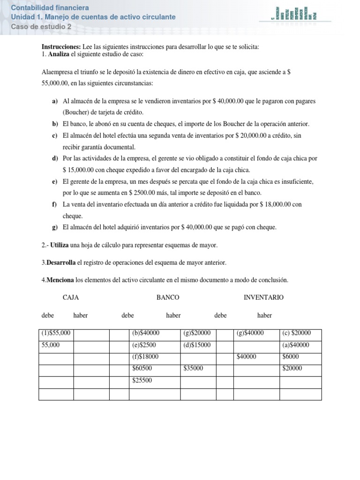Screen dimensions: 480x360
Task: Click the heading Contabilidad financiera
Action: [x=49, y=8]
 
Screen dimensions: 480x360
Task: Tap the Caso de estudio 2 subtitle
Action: [x=41, y=27]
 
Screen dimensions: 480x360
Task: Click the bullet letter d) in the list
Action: [x=55, y=159]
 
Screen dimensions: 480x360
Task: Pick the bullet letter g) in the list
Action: [x=55, y=227]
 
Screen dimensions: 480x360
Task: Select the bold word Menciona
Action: [x=60, y=280]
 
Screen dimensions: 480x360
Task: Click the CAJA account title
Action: [x=71, y=297]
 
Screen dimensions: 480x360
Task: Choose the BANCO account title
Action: [x=168, y=297]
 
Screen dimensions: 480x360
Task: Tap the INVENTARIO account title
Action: [x=263, y=297]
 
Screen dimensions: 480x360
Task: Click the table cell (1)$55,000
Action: [x=56, y=333]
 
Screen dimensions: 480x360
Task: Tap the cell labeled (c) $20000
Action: [x=300, y=333]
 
